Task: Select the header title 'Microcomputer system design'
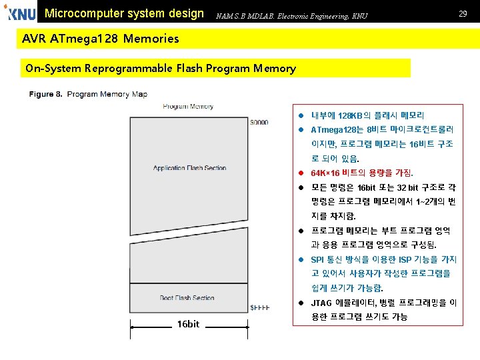click(x=124, y=13)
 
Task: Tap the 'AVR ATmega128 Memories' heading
click(x=100, y=39)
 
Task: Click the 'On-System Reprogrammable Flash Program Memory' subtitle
click(x=160, y=68)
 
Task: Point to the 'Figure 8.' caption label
click(x=45, y=95)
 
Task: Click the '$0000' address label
click(x=259, y=123)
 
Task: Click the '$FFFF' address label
click(x=259, y=307)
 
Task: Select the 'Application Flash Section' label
click(x=189, y=168)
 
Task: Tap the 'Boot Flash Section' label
click(x=187, y=298)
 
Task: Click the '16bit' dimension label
click(x=188, y=324)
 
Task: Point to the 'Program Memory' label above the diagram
click(x=188, y=106)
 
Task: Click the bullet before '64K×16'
click(x=301, y=173)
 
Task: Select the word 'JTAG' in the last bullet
click(x=321, y=303)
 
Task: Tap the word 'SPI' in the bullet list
click(x=317, y=259)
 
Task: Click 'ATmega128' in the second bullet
click(x=333, y=129)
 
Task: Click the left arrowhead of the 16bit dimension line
click(x=133, y=327)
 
